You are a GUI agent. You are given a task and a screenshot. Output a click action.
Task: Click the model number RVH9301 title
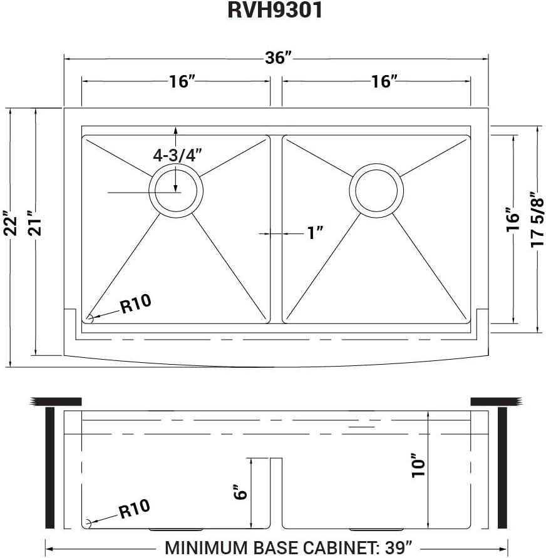274,11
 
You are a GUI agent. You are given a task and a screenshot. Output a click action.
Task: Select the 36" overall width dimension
278,59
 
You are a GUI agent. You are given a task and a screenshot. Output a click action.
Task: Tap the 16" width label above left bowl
182,81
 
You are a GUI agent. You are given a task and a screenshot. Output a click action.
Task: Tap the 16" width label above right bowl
384,81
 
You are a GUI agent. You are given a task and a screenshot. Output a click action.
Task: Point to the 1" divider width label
315,233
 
